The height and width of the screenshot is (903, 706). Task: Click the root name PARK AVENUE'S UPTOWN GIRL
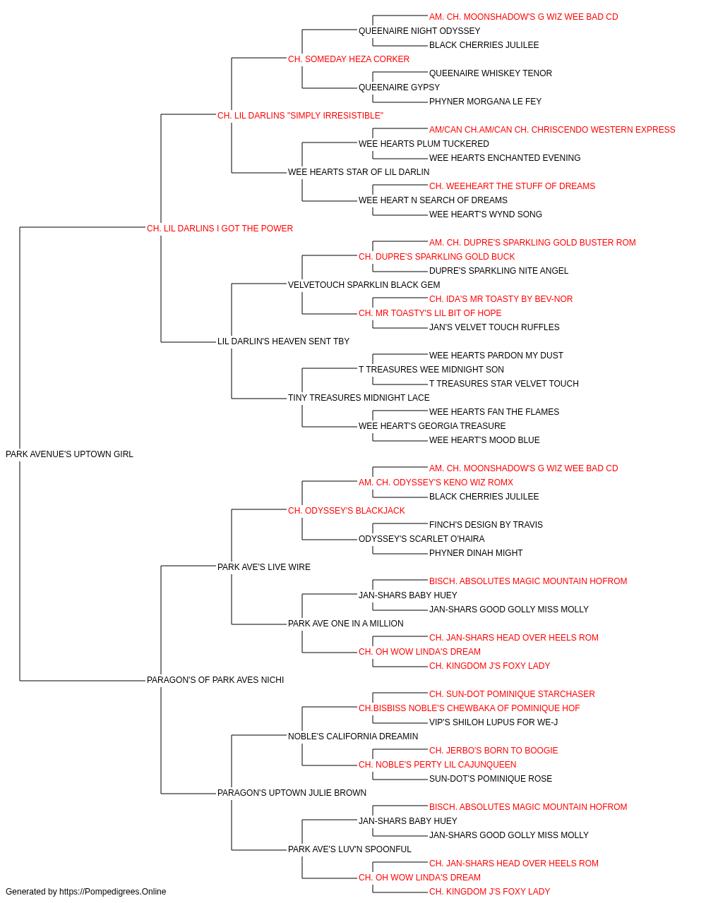69,454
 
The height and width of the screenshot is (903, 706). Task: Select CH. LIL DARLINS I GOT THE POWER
220,229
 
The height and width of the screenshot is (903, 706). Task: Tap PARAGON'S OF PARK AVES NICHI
215,680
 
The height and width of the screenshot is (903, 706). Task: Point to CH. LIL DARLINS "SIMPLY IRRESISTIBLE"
300,116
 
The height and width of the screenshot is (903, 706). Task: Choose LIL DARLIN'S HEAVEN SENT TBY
283,341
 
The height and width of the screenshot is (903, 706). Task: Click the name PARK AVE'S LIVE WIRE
263,566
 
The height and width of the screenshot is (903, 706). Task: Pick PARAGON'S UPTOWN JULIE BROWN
292,792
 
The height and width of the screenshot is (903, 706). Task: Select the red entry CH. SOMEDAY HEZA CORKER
349,59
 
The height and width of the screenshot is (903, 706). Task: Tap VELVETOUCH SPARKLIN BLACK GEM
364,284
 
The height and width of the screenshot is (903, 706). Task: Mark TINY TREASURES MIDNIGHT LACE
359,398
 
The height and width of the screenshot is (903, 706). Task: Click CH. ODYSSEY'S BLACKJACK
347,510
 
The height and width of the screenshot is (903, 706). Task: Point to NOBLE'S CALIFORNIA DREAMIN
353,736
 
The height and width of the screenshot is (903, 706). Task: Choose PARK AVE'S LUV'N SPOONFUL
349,849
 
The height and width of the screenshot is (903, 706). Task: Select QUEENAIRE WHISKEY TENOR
490,73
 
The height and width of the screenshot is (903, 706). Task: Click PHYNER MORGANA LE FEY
485,102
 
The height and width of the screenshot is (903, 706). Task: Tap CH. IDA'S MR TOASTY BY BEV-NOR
501,299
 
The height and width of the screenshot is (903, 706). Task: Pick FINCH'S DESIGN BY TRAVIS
486,524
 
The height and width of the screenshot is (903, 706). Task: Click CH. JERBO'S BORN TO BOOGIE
493,750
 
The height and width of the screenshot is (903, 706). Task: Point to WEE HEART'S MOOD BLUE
484,440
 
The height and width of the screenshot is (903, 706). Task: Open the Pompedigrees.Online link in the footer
112,892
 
